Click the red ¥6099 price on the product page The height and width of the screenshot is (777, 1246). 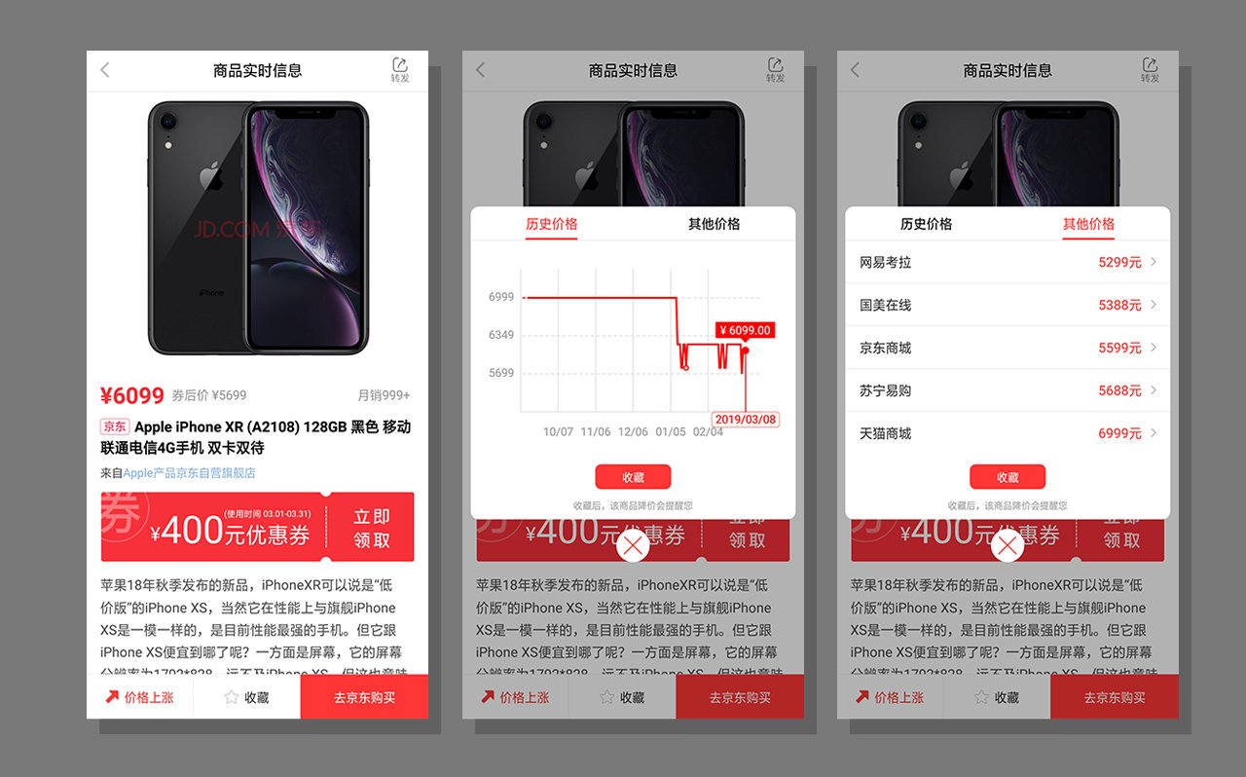tap(131, 395)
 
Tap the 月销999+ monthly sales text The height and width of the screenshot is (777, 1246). tap(384, 395)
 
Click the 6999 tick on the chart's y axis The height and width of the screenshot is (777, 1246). tap(501, 297)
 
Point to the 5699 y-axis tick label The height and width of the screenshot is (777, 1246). tap(501, 373)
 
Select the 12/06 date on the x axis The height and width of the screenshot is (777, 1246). tap(633, 431)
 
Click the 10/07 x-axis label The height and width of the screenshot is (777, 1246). tap(558, 431)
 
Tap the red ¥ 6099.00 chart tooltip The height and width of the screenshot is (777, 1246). tap(745, 330)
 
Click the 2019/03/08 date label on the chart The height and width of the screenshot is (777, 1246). tap(746, 420)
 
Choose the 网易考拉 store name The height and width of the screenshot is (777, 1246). tap(885, 263)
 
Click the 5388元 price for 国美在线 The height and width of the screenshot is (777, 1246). tap(1119, 306)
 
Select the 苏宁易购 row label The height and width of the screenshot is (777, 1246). tap(885, 390)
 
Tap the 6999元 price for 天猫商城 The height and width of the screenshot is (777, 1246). tap(1119, 433)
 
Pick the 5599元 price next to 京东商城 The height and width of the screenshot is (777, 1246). tap(1119, 348)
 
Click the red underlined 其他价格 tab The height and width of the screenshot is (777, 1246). tap(1088, 224)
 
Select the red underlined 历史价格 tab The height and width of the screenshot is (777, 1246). tap(551, 224)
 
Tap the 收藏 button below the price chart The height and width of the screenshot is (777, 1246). tap(633, 477)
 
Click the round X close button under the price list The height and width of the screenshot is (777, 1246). tap(1008, 546)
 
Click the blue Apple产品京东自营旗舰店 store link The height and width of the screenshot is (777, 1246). tap(189, 473)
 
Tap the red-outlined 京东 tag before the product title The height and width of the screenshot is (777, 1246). tap(114, 426)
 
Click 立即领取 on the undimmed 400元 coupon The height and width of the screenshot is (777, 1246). tap(371, 528)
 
